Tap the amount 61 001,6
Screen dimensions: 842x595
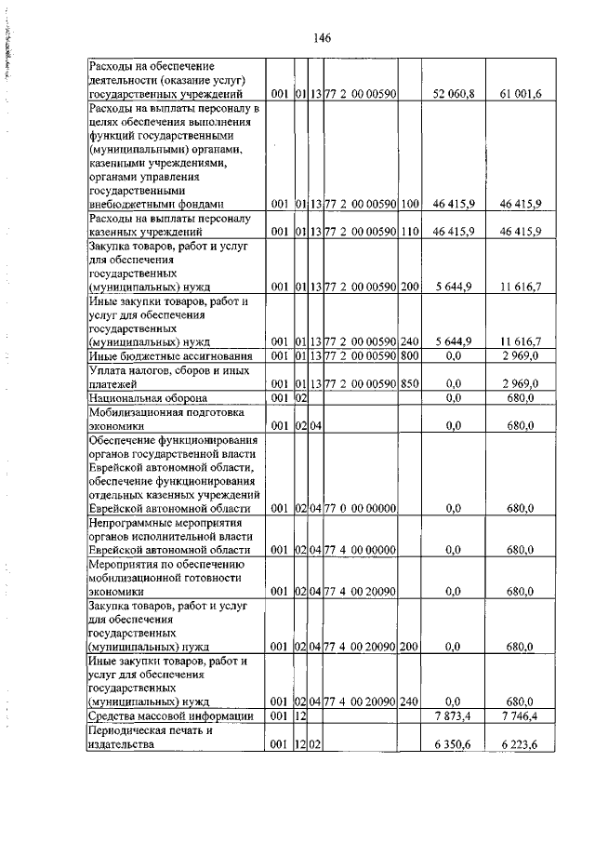(x=522, y=94)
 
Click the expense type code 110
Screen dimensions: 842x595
(x=410, y=231)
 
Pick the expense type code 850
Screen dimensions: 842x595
(x=410, y=383)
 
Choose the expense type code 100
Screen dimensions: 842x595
(x=410, y=203)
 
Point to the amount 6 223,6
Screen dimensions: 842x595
(x=522, y=743)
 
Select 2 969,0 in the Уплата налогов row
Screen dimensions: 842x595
(x=522, y=383)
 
